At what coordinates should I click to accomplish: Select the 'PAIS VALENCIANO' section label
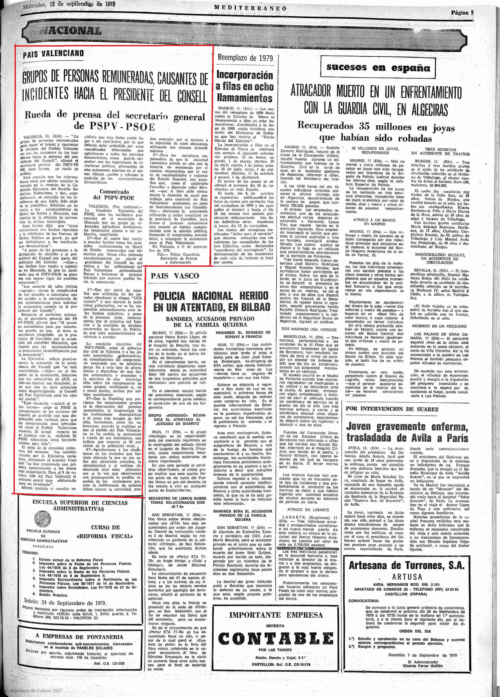[x=53, y=54]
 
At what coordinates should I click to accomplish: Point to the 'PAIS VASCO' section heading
[x=175, y=276]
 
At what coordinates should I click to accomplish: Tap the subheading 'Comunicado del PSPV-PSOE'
[x=114, y=195]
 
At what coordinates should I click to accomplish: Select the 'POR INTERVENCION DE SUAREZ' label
[x=392, y=409]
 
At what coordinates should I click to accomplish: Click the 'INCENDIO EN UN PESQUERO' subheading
[x=439, y=326]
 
